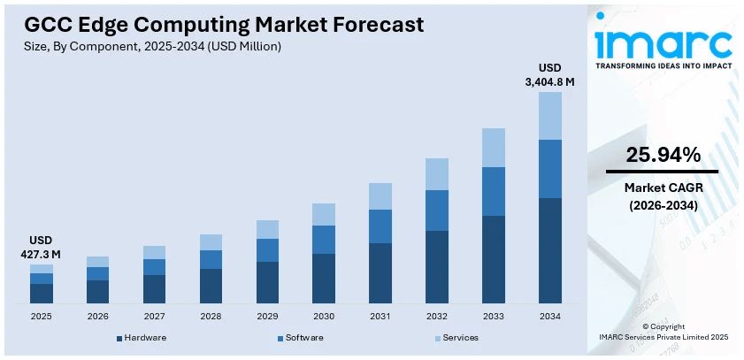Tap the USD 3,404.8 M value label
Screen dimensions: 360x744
[549, 75]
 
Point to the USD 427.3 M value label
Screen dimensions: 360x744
[41, 247]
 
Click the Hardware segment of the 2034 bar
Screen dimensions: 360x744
[550, 250]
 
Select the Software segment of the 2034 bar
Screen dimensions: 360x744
[550, 168]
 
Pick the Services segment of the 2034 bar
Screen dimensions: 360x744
[550, 115]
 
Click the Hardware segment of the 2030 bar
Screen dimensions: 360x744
[324, 278]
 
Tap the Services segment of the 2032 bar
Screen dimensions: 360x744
[437, 173]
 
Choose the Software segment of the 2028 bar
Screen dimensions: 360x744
[211, 259]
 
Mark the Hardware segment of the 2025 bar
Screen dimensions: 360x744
[42, 293]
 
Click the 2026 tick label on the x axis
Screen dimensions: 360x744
[97, 316]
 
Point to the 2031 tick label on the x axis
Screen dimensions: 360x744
[380, 316]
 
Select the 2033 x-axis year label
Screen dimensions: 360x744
[494, 316]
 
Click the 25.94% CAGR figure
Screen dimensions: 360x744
[663, 156]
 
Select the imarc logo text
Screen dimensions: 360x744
[663, 42]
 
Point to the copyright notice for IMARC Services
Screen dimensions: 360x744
[663, 332]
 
